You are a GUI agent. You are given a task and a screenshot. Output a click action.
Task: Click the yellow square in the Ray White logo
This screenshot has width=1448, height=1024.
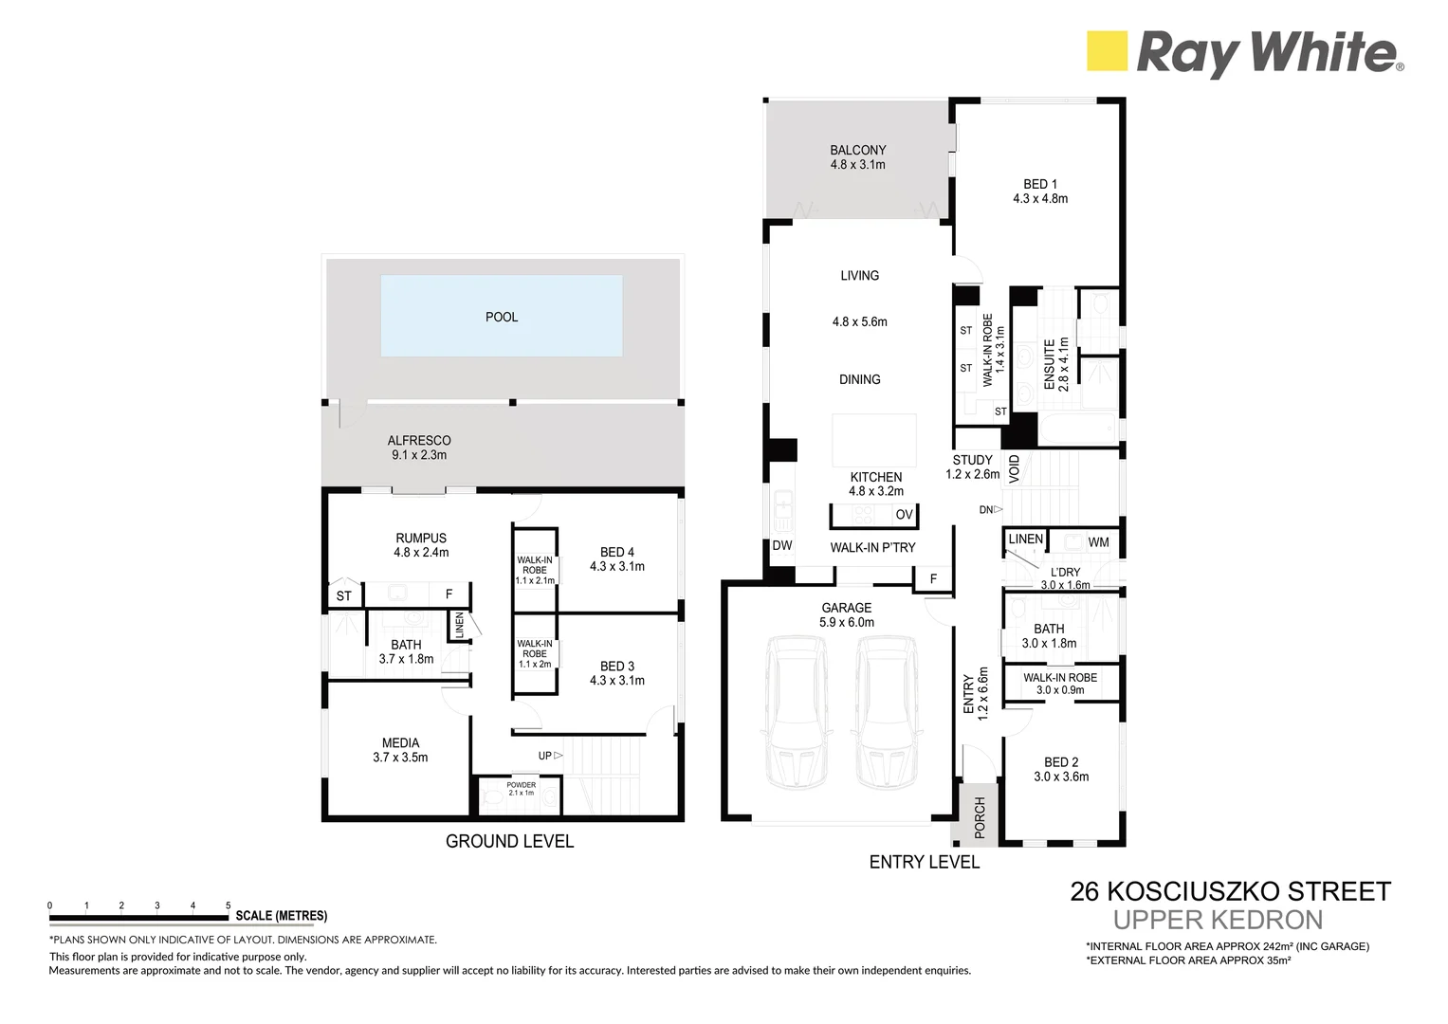1107,51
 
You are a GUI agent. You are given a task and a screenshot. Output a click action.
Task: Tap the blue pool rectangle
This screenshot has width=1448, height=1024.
502,317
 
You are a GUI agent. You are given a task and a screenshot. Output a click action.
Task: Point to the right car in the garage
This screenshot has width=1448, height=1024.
887,711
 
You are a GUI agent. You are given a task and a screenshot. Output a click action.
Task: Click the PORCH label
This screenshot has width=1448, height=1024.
980,815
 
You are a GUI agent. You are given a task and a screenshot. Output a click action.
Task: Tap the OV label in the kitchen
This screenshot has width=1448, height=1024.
904,515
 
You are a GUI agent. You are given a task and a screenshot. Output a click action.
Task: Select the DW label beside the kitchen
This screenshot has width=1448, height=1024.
782,545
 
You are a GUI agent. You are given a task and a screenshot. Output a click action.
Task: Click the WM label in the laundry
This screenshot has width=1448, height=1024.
1098,542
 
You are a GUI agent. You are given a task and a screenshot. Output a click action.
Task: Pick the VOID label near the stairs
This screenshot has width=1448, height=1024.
1014,469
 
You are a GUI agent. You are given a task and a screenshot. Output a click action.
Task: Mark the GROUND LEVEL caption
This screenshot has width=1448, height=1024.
509,841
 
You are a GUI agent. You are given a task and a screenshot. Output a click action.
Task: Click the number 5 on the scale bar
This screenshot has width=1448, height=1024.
228,905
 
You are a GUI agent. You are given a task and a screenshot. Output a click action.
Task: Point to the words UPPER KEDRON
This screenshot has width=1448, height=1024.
1218,920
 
